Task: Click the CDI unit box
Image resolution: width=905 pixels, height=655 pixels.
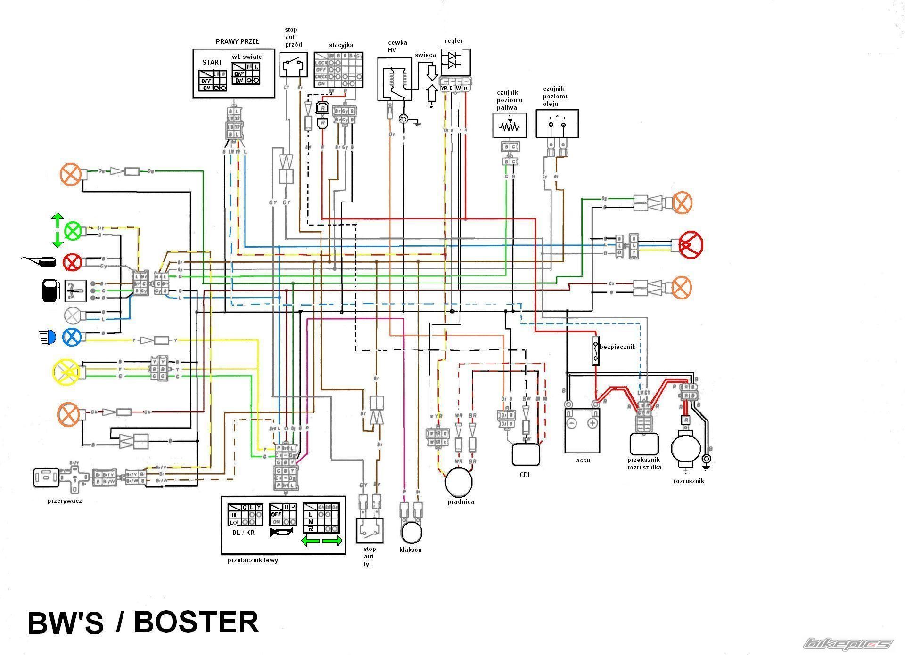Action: [526, 454]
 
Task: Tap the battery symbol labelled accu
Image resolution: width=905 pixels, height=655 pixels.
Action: [582, 430]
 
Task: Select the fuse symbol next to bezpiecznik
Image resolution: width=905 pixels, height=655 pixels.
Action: [596, 351]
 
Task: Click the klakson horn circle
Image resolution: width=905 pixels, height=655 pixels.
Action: [411, 532]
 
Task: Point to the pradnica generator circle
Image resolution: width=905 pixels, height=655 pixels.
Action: [459, 482]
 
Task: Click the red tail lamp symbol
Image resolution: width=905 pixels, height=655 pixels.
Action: [691, 244]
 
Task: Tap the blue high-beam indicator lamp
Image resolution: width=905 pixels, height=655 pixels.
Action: [72, 337]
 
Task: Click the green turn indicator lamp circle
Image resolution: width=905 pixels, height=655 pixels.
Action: [73, 231]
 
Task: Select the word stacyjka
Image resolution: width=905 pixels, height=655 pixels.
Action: [341, 45]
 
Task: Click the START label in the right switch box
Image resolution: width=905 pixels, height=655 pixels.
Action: [212, 62]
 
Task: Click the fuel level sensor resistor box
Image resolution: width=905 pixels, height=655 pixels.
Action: [510, 125]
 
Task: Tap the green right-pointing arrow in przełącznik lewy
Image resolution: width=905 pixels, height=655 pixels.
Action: [332, 541]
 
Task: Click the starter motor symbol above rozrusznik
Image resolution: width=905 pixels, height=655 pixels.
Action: [686, 447]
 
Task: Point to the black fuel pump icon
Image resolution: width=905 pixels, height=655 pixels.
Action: [50, 291]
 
